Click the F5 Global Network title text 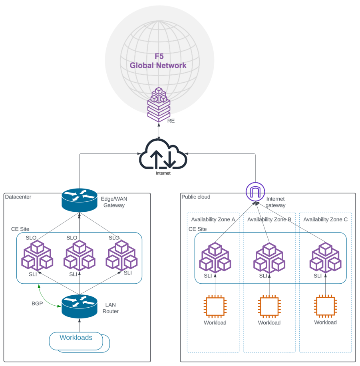click(158, 61)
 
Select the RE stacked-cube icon click(159, 105)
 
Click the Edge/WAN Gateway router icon click(80, 200)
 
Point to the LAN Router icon click(80, 306)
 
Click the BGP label click(37, 304)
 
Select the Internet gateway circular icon click(255, 192)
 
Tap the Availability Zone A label click(213, 219)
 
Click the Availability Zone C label click(325, 219)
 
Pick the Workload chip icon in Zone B click(269, 307)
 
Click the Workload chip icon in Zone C click(325, 306)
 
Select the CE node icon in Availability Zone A click(215, 257)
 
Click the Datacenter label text click(18, 197)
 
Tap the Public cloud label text click(196, 197)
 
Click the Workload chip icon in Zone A click(215, 307)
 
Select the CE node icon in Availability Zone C click(325, 257)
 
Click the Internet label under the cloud click(163, 173)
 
